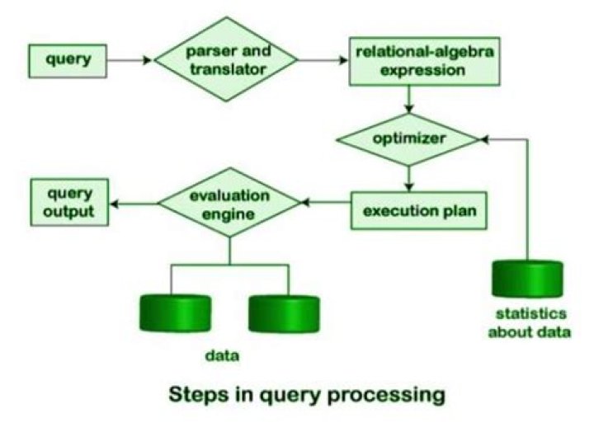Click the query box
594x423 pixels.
68,60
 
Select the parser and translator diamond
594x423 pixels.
229,60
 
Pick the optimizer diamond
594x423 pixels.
410,139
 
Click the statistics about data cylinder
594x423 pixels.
527,280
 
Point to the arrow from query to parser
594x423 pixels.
130,60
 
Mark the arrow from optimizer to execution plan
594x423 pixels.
409,176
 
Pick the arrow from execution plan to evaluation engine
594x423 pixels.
323,202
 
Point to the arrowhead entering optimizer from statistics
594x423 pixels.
486,139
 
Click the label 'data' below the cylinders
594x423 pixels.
221,358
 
